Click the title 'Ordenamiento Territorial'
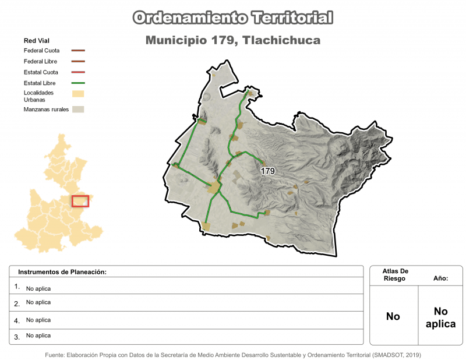pos(233,17)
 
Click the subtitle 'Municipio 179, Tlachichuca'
pos(233,41)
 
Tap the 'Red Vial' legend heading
pos(36,41)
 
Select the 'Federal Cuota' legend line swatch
pos(78,51)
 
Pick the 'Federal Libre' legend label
pos(40,61)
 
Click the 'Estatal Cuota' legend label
pos(41,72)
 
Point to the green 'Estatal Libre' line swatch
pos(78,83)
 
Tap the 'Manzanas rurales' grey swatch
pos(78,110)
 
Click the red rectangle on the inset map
pos(80,201)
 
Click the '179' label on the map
pos(268,171)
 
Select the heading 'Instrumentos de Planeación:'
pos(62,272)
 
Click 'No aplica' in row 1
pos(38,288)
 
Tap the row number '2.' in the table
pos(17,303)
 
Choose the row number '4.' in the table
pos(17,320)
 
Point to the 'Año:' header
pos(440,278)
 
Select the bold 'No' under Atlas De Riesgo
pos(393,316)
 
